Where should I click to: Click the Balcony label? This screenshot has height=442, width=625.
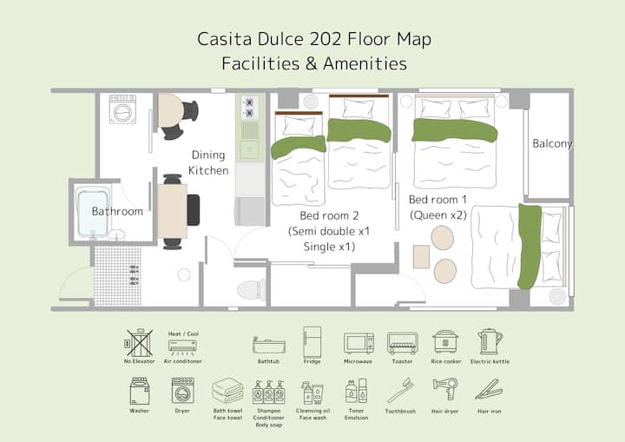[552, 143]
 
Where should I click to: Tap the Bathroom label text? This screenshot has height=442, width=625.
[117, 211]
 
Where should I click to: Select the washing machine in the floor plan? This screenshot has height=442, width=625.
[122, 109]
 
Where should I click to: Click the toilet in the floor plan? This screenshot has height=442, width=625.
[251, 290]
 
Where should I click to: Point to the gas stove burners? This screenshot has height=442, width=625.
[249, 108]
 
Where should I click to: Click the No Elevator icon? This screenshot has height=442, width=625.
[139, 343]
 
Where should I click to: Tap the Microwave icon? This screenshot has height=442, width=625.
[359, 343]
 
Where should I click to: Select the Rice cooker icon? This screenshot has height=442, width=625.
[445, 342]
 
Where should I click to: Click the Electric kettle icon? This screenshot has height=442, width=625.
[490, 342]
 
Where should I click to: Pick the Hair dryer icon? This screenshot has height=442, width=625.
[445, 389]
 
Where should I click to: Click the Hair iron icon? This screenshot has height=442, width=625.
[489, 390]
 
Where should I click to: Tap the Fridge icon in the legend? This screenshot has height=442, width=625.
[312, 342]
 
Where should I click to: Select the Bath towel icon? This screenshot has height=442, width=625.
[227, 391]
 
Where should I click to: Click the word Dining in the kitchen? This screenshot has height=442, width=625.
[208, 155]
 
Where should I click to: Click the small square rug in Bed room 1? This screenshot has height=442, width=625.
[421, 257]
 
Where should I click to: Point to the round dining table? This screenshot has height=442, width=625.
[171, 110]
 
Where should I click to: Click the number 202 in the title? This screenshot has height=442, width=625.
[325, 39]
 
